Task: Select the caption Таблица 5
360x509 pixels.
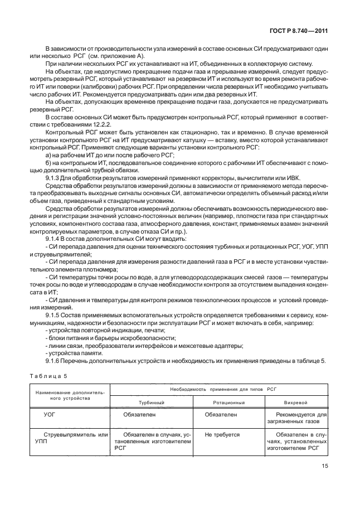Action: [x=43, y=376]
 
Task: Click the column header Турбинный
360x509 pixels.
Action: [x=150, y=402]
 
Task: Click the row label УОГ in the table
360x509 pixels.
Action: [x=49, y=415]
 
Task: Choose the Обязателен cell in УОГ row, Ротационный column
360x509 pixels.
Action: [x=221, y=415]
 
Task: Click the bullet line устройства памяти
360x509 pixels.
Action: [x=74, y=353]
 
